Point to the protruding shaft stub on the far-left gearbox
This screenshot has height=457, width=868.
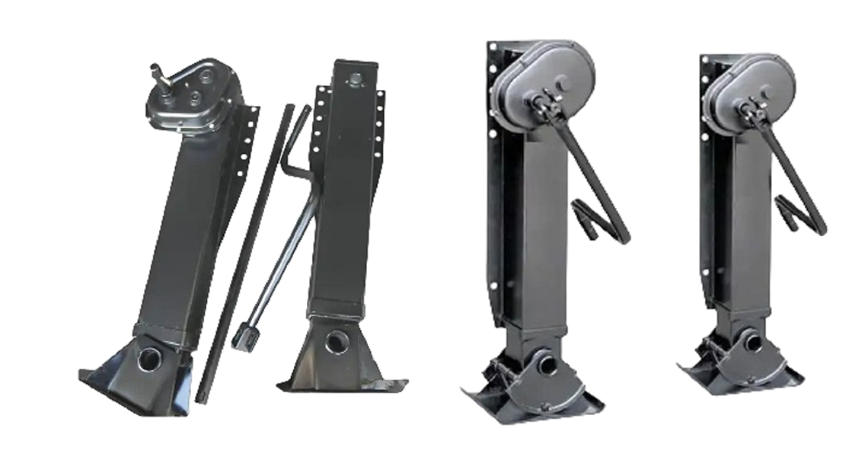(158, 74)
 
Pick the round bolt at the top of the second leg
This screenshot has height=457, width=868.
(355, 79)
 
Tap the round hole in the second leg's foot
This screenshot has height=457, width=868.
(336, 341)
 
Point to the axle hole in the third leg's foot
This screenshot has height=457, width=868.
(547, 364)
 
